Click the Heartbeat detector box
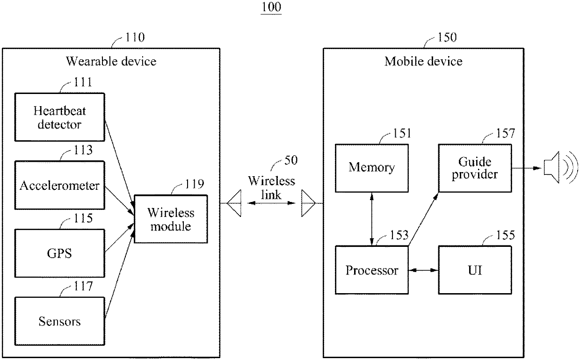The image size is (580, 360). [59, 117]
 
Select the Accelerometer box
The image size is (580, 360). [59, 185]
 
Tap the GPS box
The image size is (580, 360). [59, 253]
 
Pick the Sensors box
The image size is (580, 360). [59, 321]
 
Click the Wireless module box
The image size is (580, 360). [171, 219]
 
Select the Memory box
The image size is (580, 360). [372, 168]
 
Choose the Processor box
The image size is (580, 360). [372, 270]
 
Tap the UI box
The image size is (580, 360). [475, 270]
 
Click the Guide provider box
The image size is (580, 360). [475, 168]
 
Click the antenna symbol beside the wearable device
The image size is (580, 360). [234, 203]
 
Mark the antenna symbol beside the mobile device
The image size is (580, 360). [308, 203]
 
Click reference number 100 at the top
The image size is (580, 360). [271, 7]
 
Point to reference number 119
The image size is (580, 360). [195, 184]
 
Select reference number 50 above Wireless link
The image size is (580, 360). [291, 160]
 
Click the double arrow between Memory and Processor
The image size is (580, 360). [372, 219]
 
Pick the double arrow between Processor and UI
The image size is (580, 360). [423, 270]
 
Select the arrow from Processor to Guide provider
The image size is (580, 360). [423, 219]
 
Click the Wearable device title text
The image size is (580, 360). [111, 61]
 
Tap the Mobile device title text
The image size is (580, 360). [423, 61]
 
